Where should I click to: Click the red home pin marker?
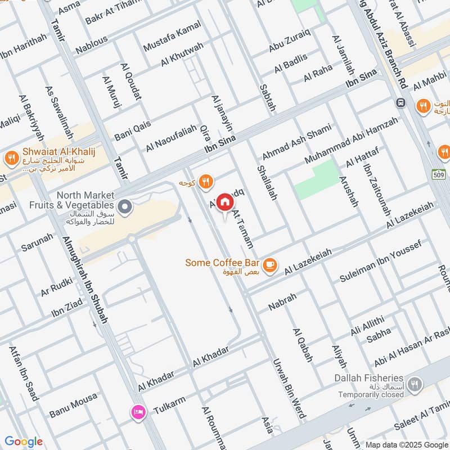(x=224, y=201)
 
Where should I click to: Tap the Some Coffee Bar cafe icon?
(x=270, y=263)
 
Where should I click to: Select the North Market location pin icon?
(x=127, y=208)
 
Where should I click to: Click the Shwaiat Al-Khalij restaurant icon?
(x=10, y=159)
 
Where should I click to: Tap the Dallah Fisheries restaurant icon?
(x=415, y=384)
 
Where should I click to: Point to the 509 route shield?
(x=440, y=174)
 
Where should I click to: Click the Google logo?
(x=23, y=442)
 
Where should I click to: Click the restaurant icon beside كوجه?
(x=206, y=181)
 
